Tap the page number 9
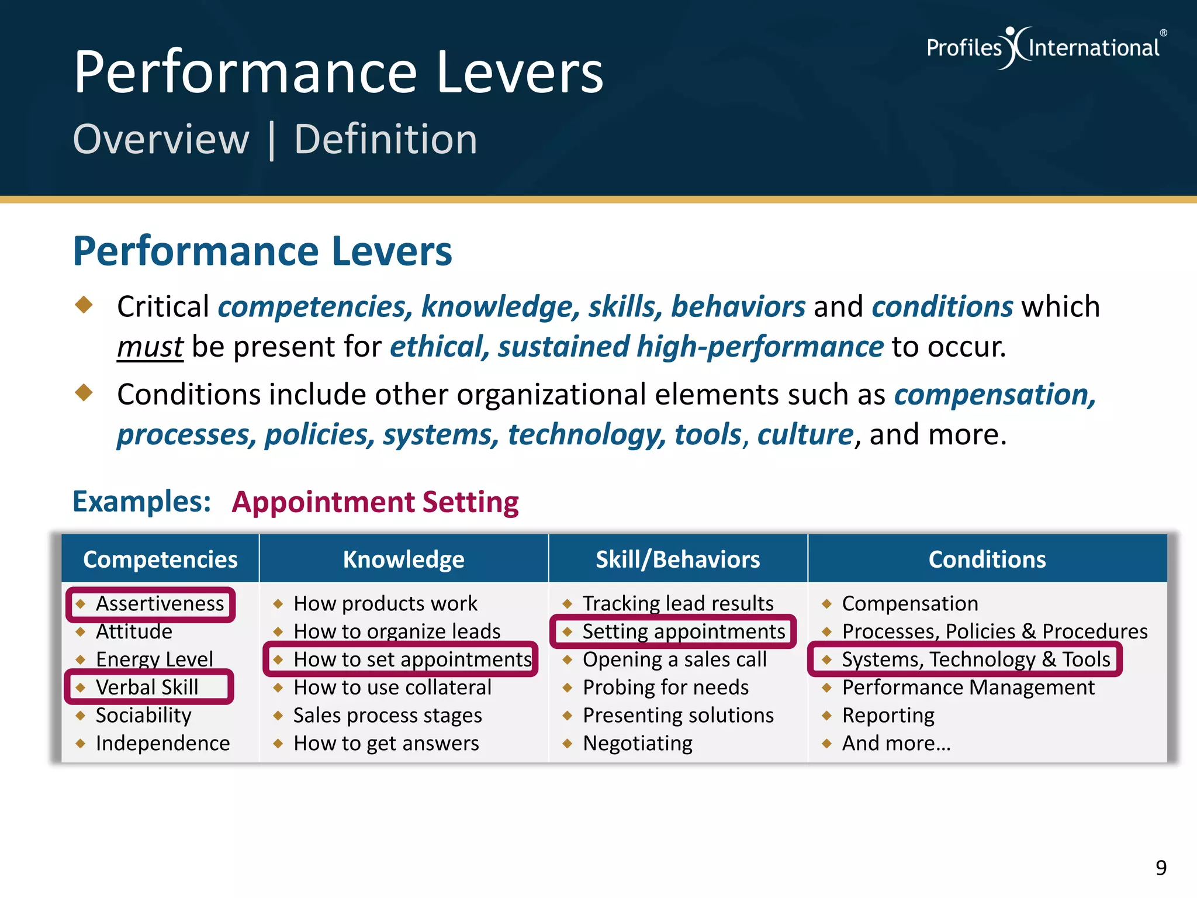1161,868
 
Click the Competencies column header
160,559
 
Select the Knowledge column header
403,559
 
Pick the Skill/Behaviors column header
677,559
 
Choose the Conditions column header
987,559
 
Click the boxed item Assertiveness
159,604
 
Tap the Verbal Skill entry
147,688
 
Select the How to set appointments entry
412,659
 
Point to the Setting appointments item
683,632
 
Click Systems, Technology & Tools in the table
975,659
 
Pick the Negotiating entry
637,744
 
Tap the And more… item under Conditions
896,744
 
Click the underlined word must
150,347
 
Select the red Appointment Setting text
375,502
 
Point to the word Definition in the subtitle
386,140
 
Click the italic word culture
805,434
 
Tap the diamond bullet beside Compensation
826,604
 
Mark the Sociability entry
143,716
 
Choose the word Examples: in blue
141,502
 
